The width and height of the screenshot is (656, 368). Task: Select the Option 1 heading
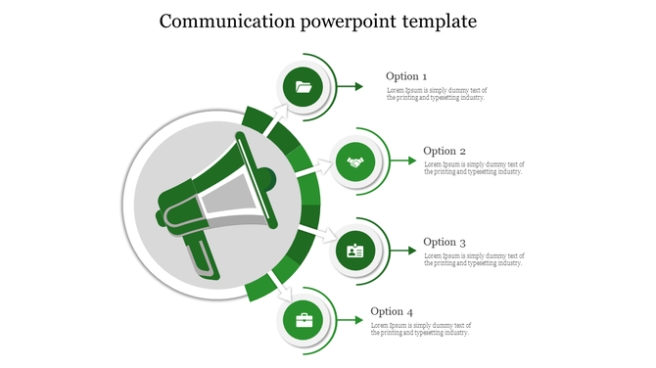click(406, 76)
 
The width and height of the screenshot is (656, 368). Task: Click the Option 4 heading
click(391, 312)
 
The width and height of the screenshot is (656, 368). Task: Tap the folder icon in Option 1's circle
click(304, 88)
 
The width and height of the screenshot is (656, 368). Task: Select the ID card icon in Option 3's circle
click(355, 252)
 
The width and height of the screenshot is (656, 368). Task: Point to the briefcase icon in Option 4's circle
click(304, 320)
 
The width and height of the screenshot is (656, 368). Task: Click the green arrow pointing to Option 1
click(351, 88)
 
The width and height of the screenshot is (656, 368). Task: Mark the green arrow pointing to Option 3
click(402, 252)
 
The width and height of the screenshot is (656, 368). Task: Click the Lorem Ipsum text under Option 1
click(436, 94)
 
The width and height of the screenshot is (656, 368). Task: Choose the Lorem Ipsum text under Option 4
click(421, 329)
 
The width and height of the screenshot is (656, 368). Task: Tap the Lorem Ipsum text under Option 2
click(474, 168)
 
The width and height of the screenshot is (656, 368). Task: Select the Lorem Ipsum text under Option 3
click(474, 258)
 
